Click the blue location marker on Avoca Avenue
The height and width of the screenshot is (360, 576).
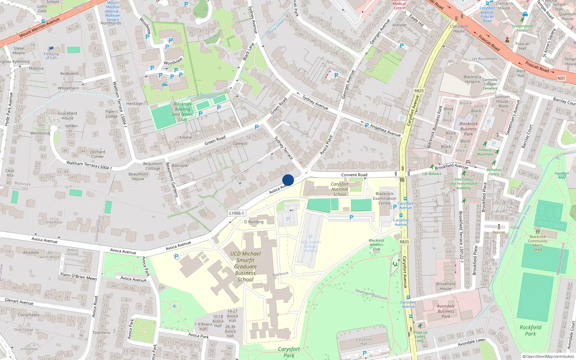pos(288,180)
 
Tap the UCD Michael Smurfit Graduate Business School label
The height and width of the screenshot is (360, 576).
pos(246,266)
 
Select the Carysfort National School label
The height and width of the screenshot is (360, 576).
pos(339,189)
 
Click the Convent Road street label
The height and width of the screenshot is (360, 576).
pos(354,175)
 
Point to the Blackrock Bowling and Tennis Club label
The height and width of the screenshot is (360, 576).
pos(183,112)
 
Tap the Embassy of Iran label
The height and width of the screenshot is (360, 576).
pos(51,55)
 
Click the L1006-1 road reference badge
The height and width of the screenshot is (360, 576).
pos(237,213)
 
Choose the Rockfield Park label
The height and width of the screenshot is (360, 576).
pos(530,330)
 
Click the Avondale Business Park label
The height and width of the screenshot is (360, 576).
pos(446,311)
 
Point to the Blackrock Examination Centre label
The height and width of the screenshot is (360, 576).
pos(384,198)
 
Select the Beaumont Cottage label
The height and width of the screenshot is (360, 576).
pos(153,166)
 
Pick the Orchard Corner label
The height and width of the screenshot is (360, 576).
pos(98,154)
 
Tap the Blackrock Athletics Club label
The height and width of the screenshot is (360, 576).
pos(377,244)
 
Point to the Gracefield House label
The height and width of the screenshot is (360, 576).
pos(67,116)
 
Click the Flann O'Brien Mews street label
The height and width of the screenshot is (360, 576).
pos(78,276)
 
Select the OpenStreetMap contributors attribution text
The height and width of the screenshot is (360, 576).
pos(548,357)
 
